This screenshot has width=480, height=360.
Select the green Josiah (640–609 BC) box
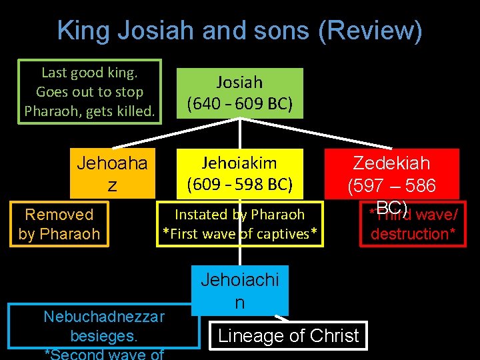[x=239, y=93]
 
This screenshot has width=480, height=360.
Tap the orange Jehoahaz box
[x=112, y=174]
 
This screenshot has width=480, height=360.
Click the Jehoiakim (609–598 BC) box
[x=239, y=173]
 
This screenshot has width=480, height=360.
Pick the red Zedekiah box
[x=391, y=173]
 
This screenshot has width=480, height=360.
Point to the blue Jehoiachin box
[x=239, y=291]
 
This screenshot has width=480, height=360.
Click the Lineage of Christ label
[x=289, y=335]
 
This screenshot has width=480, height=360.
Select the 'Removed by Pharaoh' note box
[x=59, y=224]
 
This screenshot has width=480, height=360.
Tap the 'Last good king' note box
[x=89, y=91]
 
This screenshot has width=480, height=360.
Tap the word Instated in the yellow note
[x=201, y=215]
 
